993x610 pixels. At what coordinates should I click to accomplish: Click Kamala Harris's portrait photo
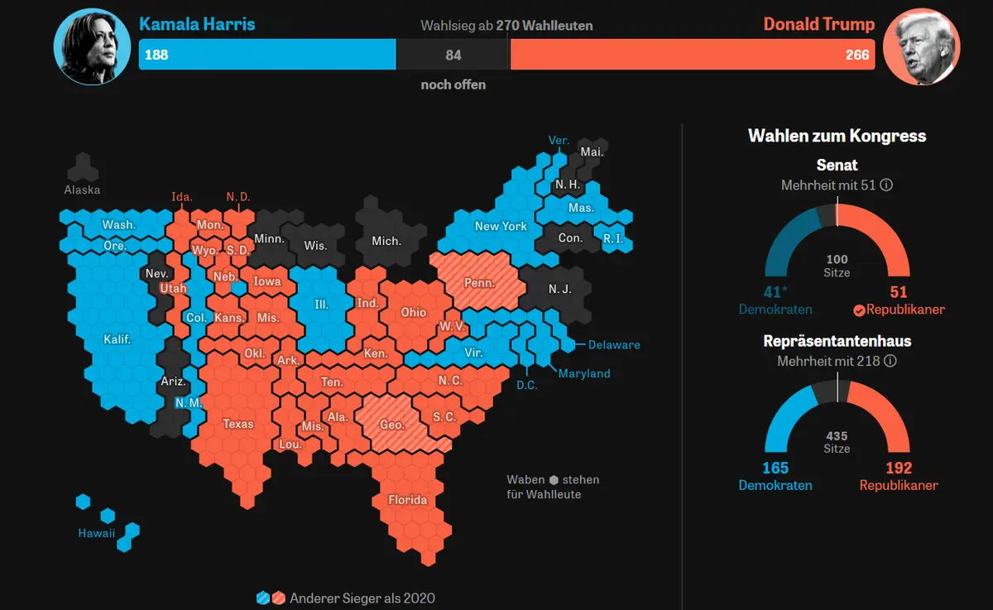[92, 46]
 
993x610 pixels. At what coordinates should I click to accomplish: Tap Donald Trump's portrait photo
[922, 46]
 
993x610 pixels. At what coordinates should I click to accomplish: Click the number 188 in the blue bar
[156, 55]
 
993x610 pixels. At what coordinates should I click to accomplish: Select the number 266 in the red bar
[857, 55]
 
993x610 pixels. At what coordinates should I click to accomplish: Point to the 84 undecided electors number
[453, 55]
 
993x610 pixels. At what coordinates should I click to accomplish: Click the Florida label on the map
[408, 500]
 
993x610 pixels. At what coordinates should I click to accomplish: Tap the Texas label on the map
[238, 424]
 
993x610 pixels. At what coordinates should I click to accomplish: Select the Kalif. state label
[118, 339]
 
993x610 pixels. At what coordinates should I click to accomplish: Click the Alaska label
[82, 190]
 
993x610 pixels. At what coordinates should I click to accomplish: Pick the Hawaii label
[97, 533]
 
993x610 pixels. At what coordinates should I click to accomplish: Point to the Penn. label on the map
[479, 283]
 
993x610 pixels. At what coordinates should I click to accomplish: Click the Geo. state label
[392, 425]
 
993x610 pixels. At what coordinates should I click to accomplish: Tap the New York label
[501, 226]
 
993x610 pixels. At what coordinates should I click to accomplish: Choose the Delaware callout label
[614, 345]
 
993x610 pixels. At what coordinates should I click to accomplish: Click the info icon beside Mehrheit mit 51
[886, 185]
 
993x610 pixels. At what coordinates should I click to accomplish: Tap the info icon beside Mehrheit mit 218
[890, 361]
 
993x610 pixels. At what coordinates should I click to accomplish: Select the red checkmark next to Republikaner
[859, 310]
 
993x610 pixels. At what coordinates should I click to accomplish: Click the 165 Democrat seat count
[775, 468]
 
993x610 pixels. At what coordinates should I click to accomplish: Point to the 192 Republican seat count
[899, 468]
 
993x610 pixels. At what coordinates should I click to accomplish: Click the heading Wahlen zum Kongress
[837, 136]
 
